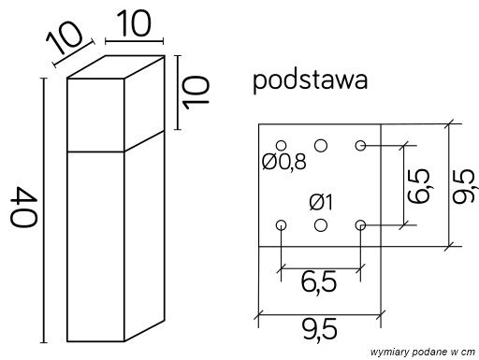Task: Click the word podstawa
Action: [x=309, y=81]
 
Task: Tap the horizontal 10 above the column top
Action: [x=135, y=24]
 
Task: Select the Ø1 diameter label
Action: [x=321, y=201]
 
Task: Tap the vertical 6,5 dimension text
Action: [x=419, y=185]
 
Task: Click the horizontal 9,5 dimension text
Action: [x=319, y=327]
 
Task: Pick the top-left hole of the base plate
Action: [x=282, y=145]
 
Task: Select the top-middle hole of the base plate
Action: [x=321, y=145]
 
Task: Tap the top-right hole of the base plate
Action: [x=360, y=145]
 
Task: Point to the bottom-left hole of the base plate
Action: [x=282, y=224]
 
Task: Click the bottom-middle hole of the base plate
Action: [x=321, y=224]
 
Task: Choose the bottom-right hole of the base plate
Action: [x=360, y=224]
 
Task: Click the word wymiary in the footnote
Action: [x=385, y=350]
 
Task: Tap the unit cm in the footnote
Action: [x=464, y=350]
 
